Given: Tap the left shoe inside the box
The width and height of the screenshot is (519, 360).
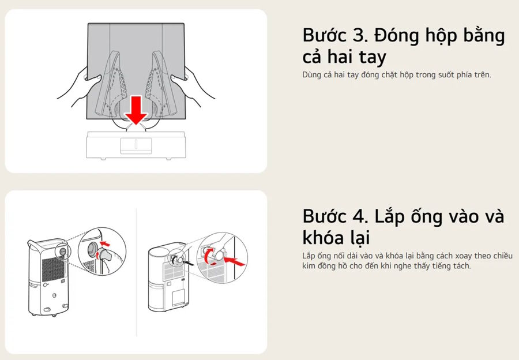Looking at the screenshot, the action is pos(112,84).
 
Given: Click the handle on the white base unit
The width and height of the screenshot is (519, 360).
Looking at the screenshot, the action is pos(136,146).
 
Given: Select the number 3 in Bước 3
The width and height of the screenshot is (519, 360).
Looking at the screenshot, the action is pos(360,35).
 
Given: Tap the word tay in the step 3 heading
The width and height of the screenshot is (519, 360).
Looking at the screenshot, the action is pos(373,57).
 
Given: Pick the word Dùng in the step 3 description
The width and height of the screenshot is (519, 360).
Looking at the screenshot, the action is pos(311,75).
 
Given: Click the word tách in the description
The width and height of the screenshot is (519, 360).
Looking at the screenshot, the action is pos(461,265).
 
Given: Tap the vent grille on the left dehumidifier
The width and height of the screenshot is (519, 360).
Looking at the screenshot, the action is pos(52,269).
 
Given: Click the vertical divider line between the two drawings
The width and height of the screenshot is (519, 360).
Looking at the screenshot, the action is pos(136,272).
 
